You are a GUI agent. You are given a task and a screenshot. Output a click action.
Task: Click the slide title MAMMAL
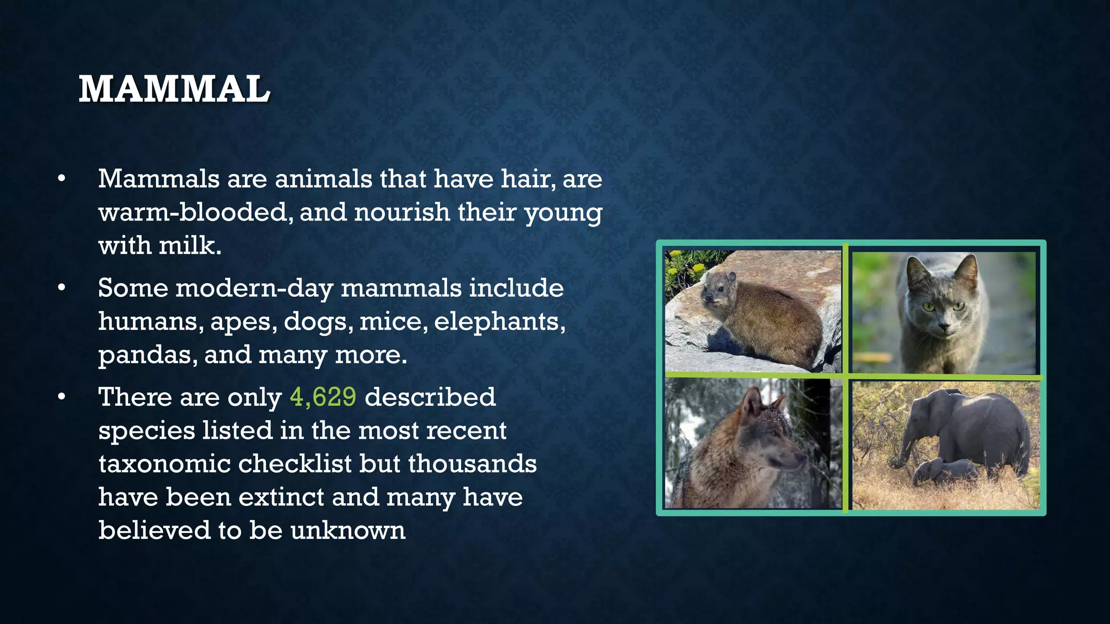pos(174,89)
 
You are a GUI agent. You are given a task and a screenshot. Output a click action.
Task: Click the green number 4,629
pos(323,397)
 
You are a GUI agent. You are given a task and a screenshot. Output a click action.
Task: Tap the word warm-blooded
pos(192,212)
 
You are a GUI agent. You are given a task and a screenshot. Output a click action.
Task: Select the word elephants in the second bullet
pos(499,322)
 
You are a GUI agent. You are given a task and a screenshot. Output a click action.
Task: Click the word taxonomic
pos(164,464)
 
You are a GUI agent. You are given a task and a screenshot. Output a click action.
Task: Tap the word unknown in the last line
pos(347,530)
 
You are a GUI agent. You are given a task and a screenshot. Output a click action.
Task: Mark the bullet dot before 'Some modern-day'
pos(62,288)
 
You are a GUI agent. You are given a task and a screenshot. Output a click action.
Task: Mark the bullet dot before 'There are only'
pos(62,398)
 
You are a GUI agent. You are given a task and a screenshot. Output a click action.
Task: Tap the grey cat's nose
pos(944,326)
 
